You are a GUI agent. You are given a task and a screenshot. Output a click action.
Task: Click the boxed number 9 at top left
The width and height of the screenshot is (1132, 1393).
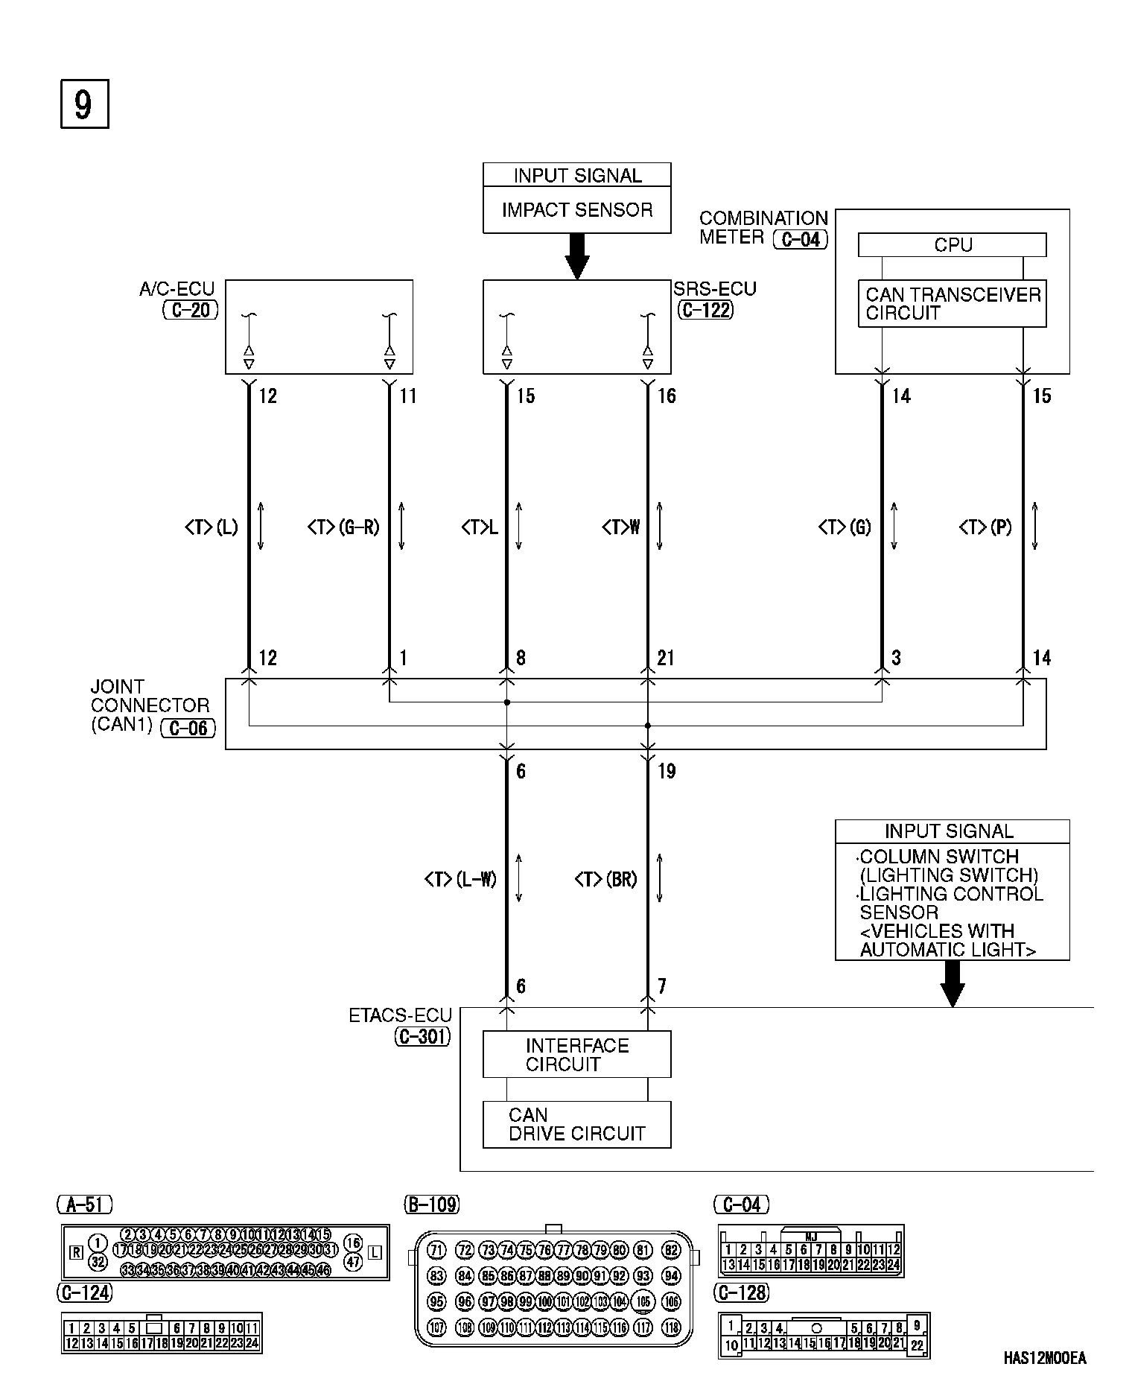click(84, 104)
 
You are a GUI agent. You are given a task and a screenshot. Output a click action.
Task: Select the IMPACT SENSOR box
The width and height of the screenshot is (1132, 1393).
click(576, 210)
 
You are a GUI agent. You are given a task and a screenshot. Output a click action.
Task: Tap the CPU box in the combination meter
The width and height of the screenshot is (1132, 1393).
click(952, 245)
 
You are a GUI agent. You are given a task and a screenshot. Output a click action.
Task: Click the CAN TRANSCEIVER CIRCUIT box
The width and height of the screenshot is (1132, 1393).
click(952, 304)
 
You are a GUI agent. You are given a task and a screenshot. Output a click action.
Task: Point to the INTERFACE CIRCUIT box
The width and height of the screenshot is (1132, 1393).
click(576, 1054)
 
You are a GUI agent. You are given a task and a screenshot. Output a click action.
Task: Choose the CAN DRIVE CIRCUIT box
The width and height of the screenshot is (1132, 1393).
click(576, 1124)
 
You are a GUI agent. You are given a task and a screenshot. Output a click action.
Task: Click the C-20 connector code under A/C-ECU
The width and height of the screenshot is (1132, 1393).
click(191, 310)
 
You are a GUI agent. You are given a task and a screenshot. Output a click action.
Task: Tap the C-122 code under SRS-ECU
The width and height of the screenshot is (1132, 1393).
click(705, 310)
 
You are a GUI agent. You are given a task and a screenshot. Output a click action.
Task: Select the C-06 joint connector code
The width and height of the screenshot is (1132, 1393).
click(188, 728)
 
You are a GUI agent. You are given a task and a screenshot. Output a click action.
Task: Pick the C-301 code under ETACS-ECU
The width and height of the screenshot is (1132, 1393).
click(422, 1036)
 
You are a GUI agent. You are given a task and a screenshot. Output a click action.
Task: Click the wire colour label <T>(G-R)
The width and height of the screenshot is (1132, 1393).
click(343, 527)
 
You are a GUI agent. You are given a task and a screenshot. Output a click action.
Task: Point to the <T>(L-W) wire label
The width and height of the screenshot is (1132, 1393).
click(460, 880)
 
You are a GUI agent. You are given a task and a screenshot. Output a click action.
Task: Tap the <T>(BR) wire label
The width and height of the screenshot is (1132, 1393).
click(606, 880)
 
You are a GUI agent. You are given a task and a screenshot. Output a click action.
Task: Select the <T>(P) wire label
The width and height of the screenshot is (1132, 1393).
click(985, 527)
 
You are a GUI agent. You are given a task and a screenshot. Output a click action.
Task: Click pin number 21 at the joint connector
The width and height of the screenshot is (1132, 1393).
click(666, 658)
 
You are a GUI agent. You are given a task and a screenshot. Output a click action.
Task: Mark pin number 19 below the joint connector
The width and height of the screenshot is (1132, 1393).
click(667, 772)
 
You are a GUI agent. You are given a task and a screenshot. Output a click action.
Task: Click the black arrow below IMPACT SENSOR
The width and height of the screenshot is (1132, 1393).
click(576, 257)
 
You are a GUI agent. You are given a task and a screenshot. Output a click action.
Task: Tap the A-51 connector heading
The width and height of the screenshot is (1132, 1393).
click(84, 1204)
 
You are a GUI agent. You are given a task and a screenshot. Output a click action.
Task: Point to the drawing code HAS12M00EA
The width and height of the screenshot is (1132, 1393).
click(1044, 1358)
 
